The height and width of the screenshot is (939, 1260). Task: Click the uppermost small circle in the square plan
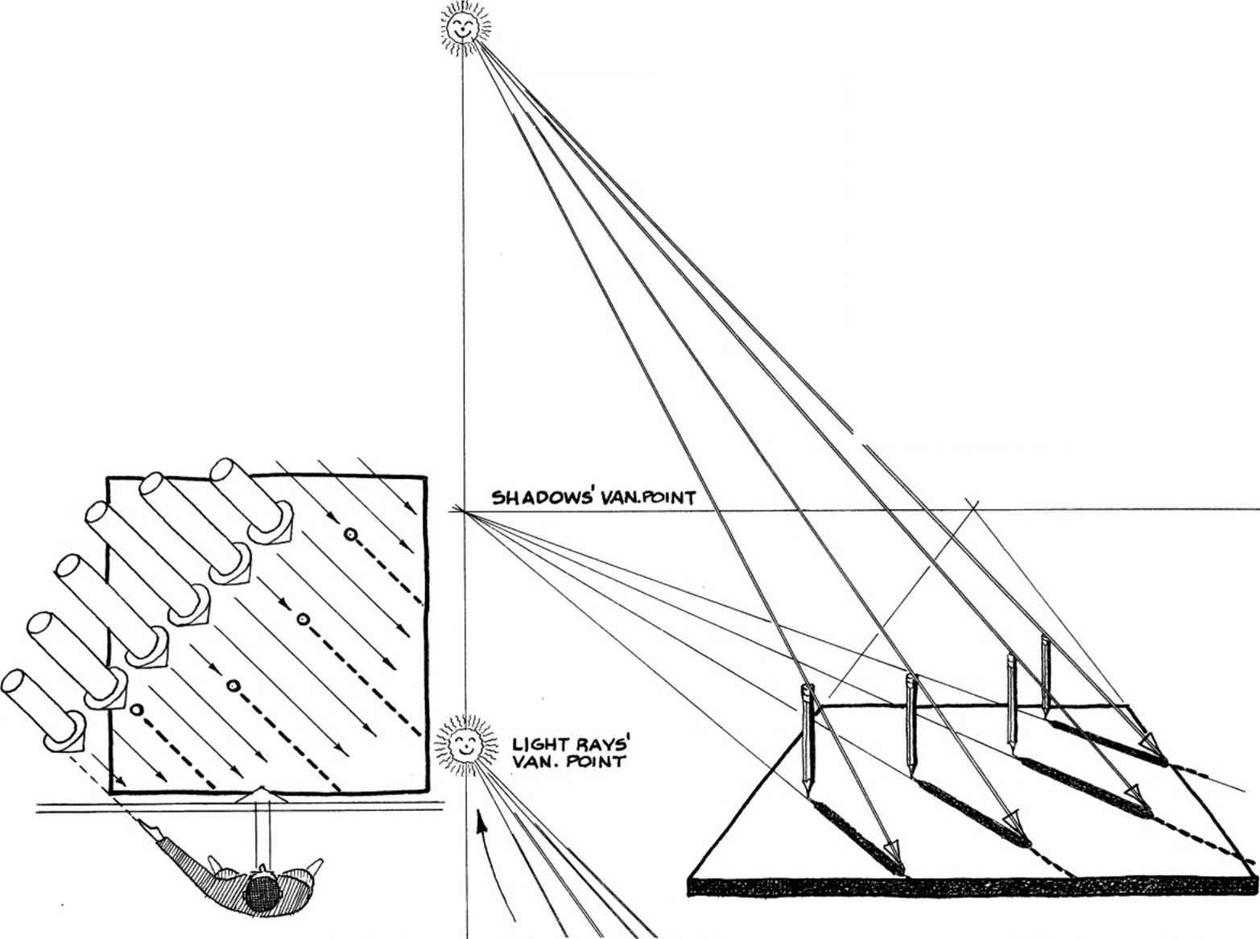pos(350,534)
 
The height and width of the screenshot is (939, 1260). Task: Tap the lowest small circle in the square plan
pos(137,709)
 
